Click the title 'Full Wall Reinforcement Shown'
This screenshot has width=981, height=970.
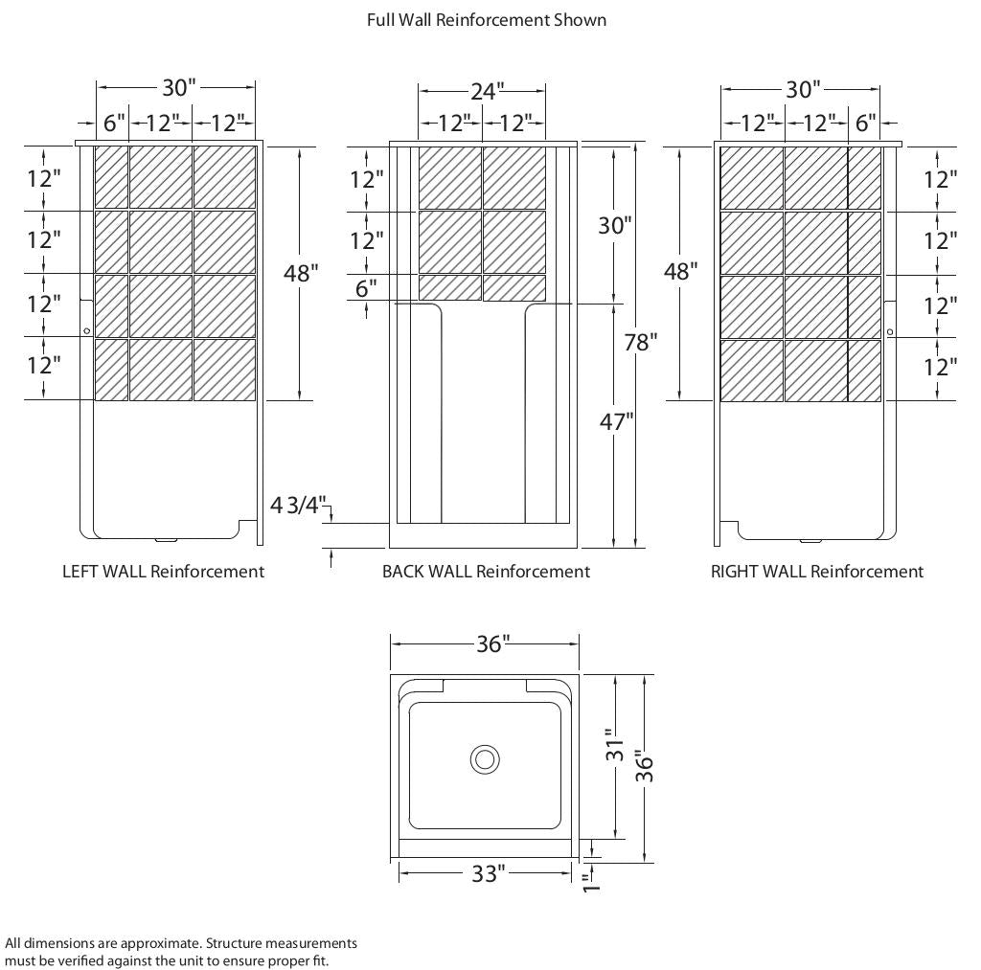click(486, 19)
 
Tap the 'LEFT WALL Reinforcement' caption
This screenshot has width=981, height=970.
click(163, 572)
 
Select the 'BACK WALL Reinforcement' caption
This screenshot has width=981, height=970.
click(486, 572)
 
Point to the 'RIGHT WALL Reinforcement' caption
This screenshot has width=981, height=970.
click(816, 572)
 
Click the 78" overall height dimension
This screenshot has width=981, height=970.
click(640, 342)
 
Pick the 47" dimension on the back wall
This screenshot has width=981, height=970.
click(616, 420)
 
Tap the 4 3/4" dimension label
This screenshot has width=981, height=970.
click(299, 505)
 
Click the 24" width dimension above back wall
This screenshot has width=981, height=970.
click(486, 91)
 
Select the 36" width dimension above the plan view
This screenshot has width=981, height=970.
click(489, 644)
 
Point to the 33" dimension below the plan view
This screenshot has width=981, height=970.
click(487, 873)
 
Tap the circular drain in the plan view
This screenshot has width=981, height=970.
click(485, 759)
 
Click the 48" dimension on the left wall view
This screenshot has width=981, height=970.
click(301, 273)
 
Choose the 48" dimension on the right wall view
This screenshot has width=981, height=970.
click(679, 271)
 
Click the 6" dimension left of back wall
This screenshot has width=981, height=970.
click(366, 288)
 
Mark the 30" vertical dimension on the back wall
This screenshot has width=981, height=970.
click(614, 225)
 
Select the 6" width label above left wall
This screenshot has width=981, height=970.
click(114, 123)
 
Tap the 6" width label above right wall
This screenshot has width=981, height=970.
click(865, 123)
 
